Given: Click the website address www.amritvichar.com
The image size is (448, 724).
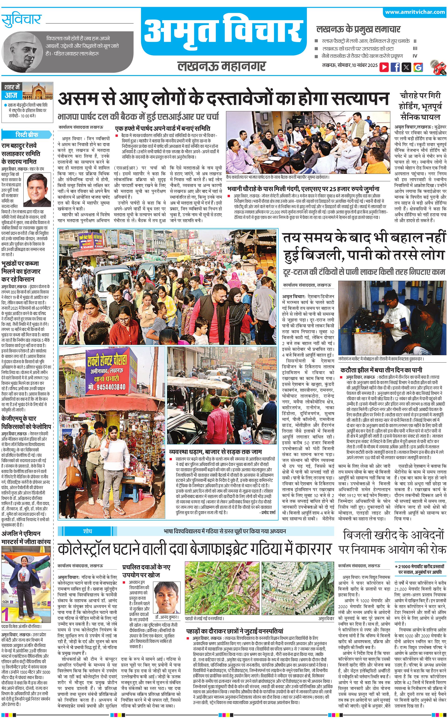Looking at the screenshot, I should pyautogui.click(x=415, y=12).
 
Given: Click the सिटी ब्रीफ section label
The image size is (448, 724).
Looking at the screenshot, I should pyautogui.click(x=27, y=135).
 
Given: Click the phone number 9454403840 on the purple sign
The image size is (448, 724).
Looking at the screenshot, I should pyautogui.click(x=107, y=387).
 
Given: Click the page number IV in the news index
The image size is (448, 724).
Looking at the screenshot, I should pyautogui.click(x=415, y=56).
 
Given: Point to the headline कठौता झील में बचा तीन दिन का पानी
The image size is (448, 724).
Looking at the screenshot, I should pyautogui.click(x=381, y=370).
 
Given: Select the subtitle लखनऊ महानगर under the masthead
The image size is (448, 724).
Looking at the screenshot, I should pyautogui.click(x=222, y=66).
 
